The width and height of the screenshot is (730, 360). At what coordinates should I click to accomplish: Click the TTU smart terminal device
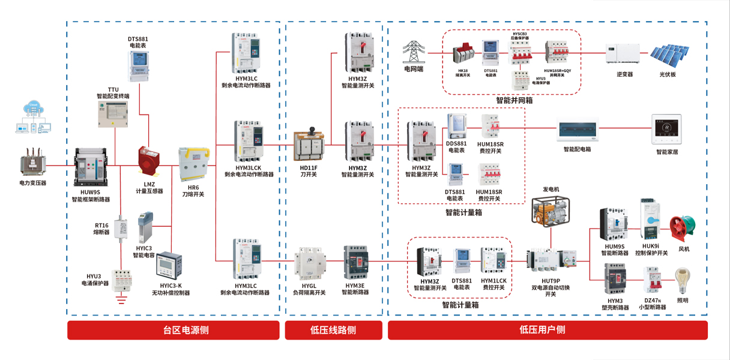point(113,114)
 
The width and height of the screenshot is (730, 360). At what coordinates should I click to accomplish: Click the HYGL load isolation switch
point(310,264)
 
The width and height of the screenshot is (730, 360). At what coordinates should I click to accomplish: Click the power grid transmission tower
point(413,53)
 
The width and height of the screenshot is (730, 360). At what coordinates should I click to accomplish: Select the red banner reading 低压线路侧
point(333,330)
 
